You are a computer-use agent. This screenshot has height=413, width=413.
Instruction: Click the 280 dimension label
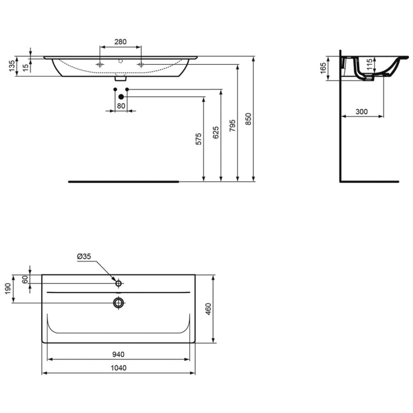pyautogui.click(x=120, y=41)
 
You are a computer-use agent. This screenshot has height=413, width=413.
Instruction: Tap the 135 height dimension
pyautogui.click(x=12, y=66)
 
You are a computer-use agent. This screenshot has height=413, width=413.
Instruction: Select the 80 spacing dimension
pyautogui.click(x=121, y=106)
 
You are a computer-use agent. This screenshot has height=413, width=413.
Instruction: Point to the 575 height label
pyautogui.click(x=199, y=139)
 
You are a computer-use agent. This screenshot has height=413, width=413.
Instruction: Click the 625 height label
pyautogui.click(x=216, y=133)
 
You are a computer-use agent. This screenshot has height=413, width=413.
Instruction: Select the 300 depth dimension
pyautogui.click(x=362, y=112)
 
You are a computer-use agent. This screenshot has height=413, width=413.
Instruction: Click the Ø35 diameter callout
pyautogui.click(x=84, y=257)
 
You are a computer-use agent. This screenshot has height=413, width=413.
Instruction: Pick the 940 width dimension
pyautogui.click(x=118, y=355)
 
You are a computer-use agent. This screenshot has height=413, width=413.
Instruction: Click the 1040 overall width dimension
pyautogui.click(x=118, y=368)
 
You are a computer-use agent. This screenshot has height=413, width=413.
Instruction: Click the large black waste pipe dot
pyautogui.click(x=121, y=97)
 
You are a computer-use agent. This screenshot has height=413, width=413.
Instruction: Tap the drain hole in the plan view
pyautogui.click(x=119, y=303)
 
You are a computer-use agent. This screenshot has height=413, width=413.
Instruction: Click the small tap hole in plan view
pyautogui.click(x=119, y=283)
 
